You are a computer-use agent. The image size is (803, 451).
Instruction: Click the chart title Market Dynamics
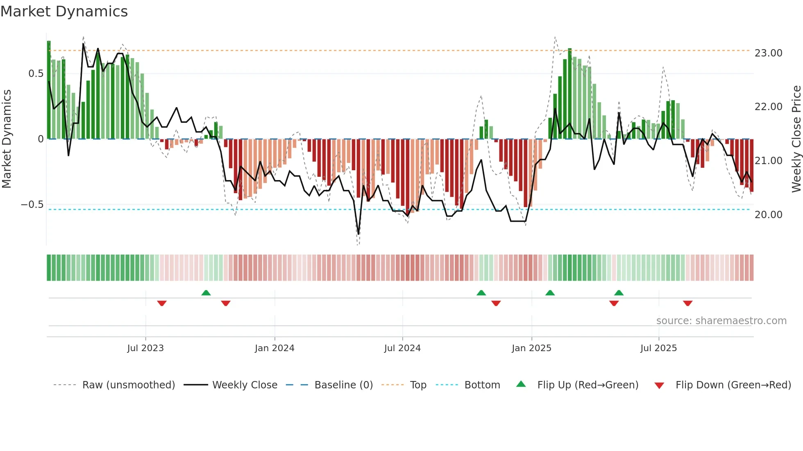pos(64,11)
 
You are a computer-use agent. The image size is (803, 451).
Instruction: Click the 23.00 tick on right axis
pos(768,53)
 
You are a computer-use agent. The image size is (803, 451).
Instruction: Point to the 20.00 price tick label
pos(768,215)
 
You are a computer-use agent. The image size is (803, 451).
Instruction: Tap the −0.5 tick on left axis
pos(32,205)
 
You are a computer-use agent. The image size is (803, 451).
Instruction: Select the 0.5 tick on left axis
pos(36,74)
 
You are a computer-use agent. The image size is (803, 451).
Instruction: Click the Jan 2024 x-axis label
pos(274,348)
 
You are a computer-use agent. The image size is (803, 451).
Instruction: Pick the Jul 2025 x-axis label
pos(658,348)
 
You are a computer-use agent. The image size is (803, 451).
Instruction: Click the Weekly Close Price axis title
pos(796,139)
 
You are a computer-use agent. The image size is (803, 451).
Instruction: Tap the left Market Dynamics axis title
pos(7,139)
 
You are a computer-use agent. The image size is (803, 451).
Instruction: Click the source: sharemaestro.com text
pos(721,321)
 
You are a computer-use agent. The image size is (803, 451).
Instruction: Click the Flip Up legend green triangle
pos(521,384)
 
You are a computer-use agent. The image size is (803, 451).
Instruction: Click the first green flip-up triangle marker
pos(206,293)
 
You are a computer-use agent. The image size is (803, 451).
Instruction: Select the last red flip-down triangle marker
pos(687,303)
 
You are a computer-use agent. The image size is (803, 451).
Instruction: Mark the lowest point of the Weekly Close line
pos(358,234)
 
